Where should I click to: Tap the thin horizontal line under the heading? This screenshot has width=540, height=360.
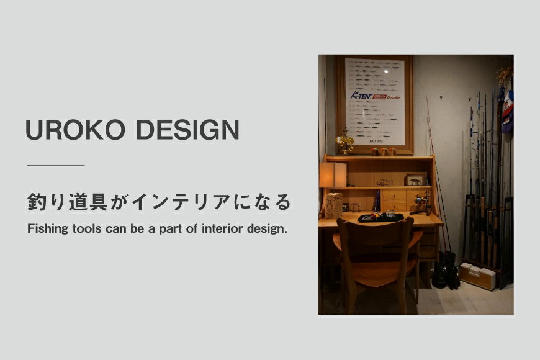coord(56,166)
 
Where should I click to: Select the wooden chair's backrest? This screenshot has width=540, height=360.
coord(376,239)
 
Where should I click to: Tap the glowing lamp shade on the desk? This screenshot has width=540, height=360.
coord(333,175)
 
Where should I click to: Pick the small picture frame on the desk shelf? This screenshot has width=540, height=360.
coord(415,180)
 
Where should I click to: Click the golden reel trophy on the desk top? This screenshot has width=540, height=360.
coord(344,142)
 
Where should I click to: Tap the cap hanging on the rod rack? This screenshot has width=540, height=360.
coord(507,110)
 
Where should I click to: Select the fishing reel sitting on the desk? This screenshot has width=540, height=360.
coord(423,202)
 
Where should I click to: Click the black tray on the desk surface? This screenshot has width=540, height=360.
coord(380,218)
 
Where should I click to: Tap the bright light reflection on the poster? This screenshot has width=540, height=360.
coord(385,72)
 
